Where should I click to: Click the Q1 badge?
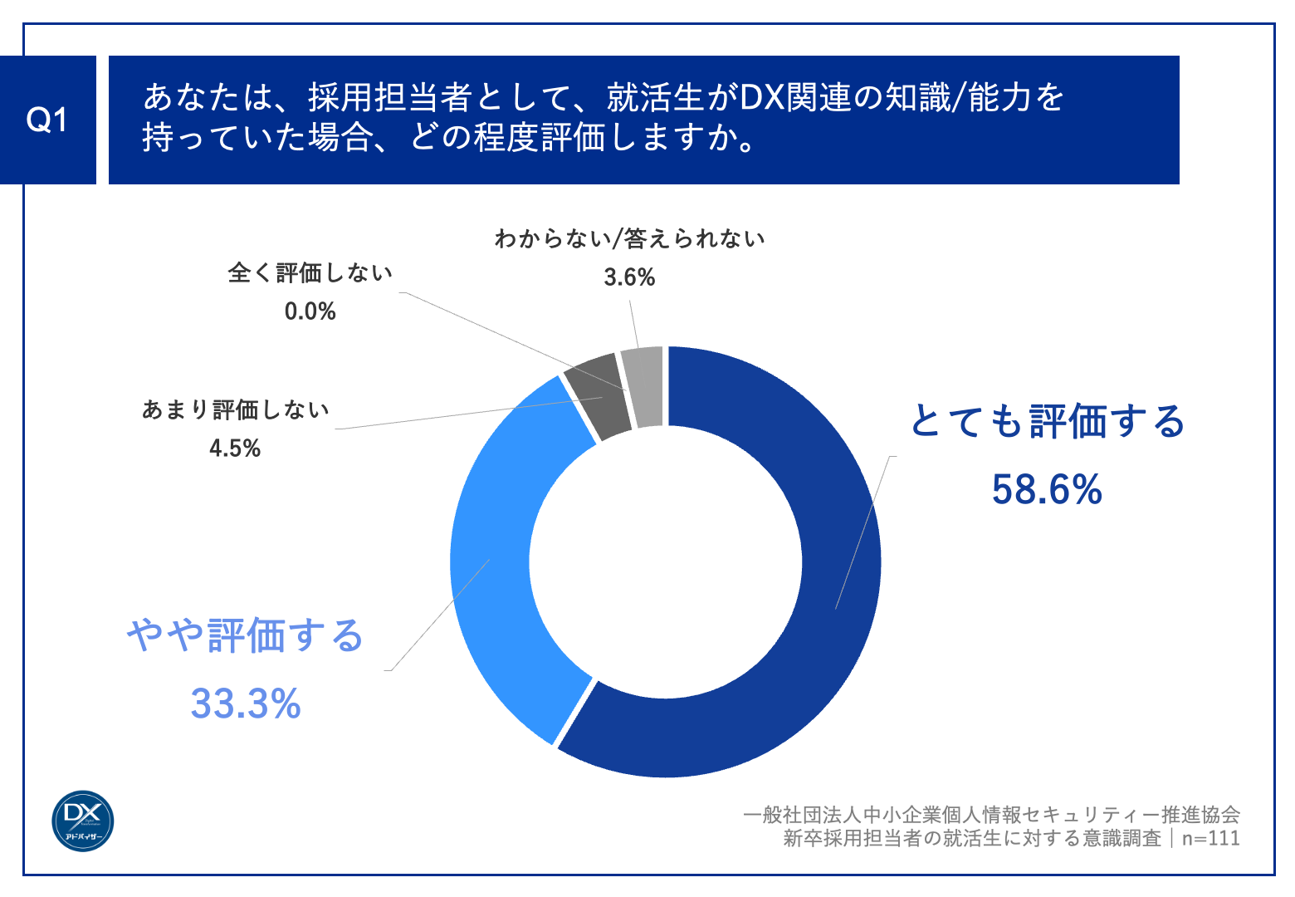tap(47, 120)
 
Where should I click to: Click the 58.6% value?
tap(1047, 489)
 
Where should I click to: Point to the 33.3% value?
tap(246, 703)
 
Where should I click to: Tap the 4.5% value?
tap(235, 448)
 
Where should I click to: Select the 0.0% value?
tap(310, 311)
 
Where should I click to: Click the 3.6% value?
tap(629, 277)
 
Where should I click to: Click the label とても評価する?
tap(1048, 421)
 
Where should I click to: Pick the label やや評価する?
tap(246, 635)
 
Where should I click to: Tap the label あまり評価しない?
tap(236, 409)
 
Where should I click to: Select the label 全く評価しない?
tap(310, 272)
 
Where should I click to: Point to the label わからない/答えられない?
tap(629, 239)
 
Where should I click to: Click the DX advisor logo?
tap(83, 821)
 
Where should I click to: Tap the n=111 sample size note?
tap(1210, 838)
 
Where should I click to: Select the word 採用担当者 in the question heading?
tap(390, 98)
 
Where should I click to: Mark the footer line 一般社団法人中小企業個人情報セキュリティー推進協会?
tap(991, 815)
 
